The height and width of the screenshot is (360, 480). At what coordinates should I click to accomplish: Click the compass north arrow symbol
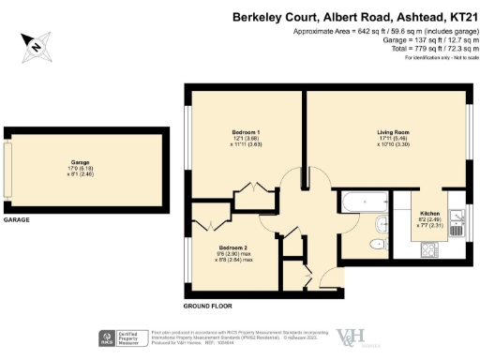click(35, 44)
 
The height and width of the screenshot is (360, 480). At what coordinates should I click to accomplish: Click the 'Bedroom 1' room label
click(246, 132)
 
